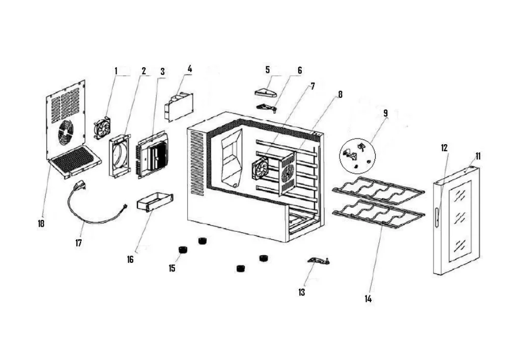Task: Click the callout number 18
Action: tap(41, 224)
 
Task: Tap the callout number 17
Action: tap(78, 242)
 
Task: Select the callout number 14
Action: tap(368, 299)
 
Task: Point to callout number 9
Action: tap(385, 113)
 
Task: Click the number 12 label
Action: tap(444, 148)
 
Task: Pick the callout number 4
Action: tap(190, 69)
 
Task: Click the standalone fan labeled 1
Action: tap(102, 128)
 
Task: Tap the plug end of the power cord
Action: tap(79, 186)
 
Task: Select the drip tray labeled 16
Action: tap(155, 202)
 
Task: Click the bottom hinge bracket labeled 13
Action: tap(317, 260)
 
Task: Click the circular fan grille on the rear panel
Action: tap(66, 132)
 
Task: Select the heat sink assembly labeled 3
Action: tap(153, 154)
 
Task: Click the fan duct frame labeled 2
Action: tap(119, 156)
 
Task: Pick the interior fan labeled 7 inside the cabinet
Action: tap(260, 168)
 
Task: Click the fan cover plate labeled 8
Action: tap(288, 173)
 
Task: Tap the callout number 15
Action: tap(172, 268)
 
